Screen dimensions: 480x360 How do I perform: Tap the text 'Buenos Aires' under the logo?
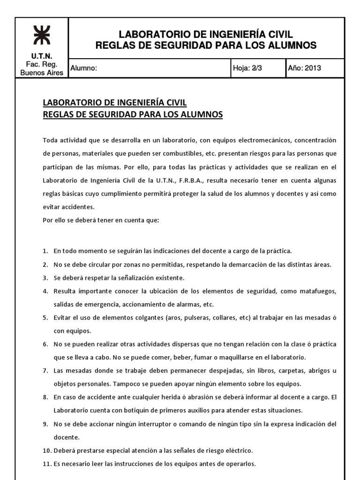pos(42,73)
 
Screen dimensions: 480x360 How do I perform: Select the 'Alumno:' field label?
pos(83,68)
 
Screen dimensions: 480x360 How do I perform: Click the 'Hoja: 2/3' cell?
pos(247,68)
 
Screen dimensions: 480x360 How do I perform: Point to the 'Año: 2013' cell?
pos(304,68)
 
